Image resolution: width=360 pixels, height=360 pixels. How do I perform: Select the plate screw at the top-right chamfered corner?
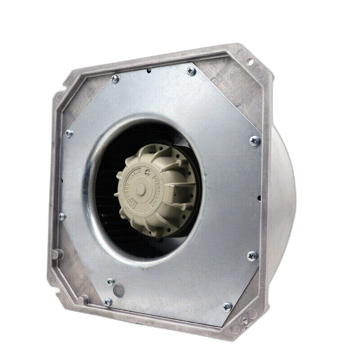(191, 71)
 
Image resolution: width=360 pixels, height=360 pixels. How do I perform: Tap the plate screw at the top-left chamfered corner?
(114, 79)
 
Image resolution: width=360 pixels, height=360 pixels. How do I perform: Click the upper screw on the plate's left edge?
(69, 133)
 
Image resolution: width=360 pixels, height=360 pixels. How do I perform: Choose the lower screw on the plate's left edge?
(62, 216)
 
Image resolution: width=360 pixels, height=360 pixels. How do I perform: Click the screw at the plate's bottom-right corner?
(228, 306)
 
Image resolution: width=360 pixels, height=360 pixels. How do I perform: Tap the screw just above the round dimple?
(110, 282)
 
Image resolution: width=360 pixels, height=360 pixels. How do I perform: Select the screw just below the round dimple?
(108, 302)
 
